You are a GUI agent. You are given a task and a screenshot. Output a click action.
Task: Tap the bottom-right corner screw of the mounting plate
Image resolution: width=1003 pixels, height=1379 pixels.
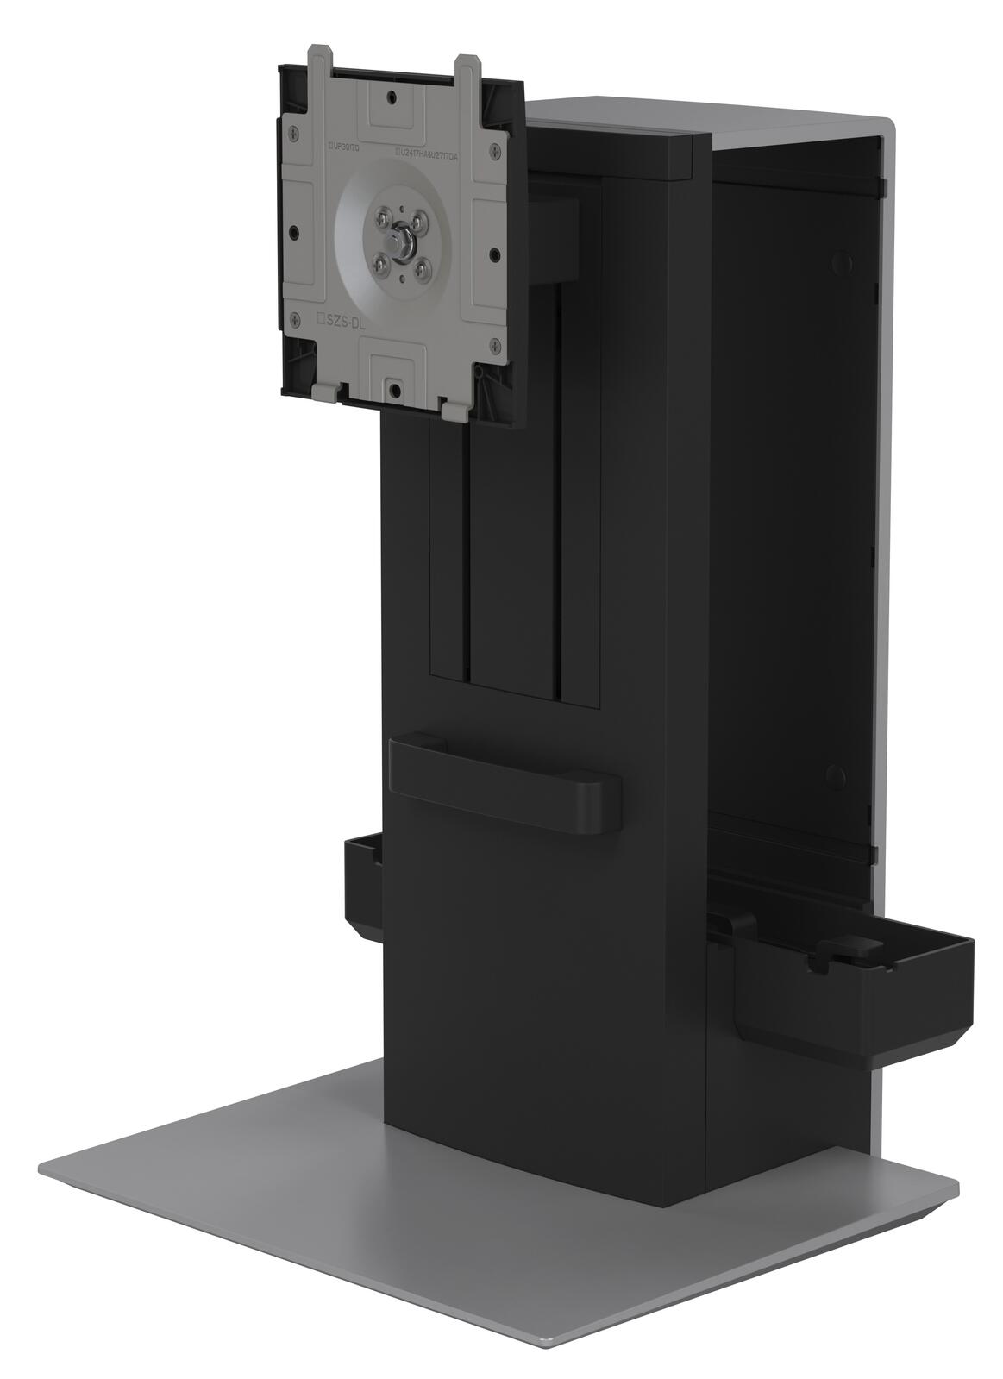point(495,346)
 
